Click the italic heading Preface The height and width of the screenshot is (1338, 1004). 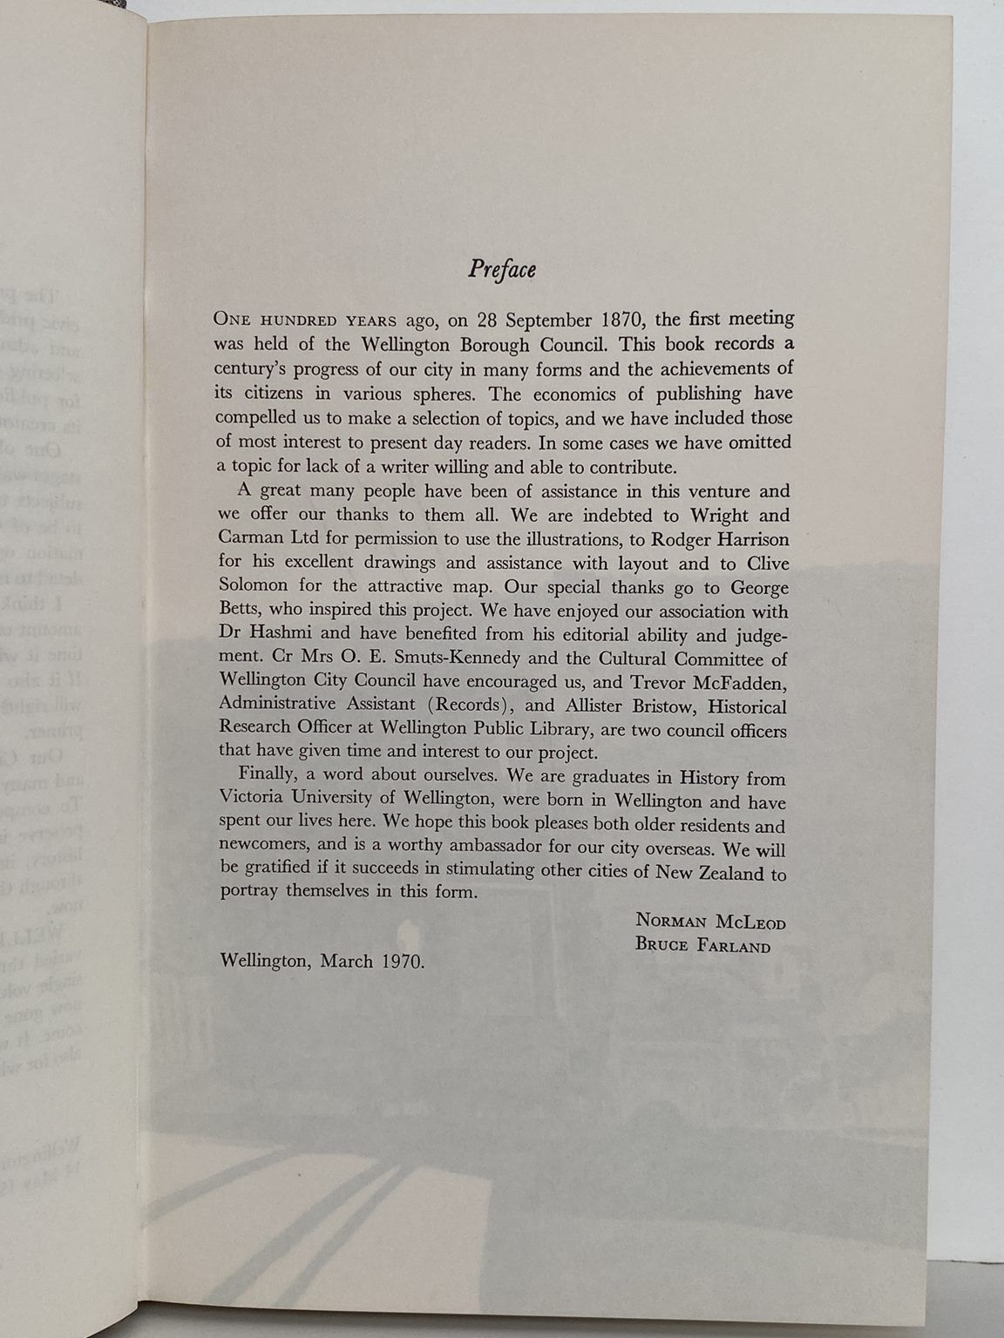click(x=501, y=268)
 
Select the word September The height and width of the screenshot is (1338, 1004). click(x=533, y=320)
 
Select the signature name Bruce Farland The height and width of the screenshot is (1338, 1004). click(x=702, y=945)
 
